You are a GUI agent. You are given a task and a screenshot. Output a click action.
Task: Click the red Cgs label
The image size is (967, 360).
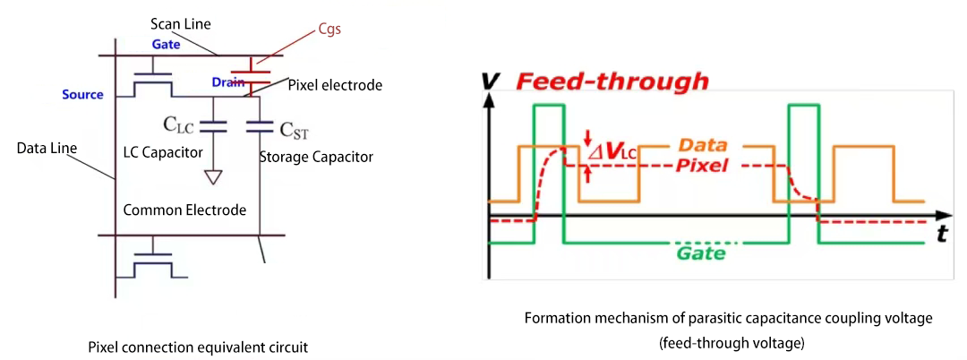point(329,30)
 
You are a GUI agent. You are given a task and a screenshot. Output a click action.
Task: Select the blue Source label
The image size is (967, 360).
point(82,94)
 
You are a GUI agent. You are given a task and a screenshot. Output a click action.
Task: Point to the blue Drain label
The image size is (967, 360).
point(227,81)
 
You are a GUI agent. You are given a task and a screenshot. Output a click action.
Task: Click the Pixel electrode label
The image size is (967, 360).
point(335,86)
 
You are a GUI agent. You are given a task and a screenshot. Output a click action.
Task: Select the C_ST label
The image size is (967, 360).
point(295,131)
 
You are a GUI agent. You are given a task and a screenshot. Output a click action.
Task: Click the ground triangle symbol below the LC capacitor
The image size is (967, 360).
point(212,177)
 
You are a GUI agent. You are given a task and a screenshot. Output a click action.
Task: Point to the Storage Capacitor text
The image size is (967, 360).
point(316,157)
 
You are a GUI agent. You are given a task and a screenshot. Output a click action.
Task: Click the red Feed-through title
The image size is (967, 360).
point(612,82)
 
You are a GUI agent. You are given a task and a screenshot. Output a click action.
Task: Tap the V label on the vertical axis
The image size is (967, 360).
point(490,80)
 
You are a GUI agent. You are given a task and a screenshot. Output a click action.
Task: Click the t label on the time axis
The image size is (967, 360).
point(942,236)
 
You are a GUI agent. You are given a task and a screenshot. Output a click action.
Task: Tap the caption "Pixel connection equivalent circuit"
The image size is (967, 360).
point(198,347)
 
